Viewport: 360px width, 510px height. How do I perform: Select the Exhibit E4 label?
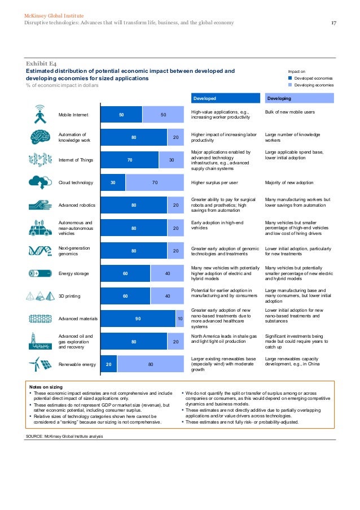pyautogui.click(x=40, y=64)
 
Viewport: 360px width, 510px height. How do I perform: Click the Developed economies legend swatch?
pyautogui.click(x=291, y=78)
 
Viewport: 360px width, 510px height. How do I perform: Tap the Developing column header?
pyautogui.click(x=279, y=98)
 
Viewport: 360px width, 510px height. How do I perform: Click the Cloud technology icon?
pyautogui.click(x=39, y=182)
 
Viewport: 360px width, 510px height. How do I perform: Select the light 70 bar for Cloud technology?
pyautogui.click(x=155, y=182)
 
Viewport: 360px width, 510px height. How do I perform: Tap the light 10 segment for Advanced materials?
pyautogui.click(x=180, y=319)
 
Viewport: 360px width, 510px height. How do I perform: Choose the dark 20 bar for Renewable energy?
pyautogui.click(x=108, y=364)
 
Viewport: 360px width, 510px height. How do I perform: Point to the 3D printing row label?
pyautogui.click(x=71, y=296)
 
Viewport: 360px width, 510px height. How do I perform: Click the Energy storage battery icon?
pyautogui.click(x=39, y=273)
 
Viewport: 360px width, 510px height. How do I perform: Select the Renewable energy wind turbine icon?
pyautogui.click(x=39, y=364)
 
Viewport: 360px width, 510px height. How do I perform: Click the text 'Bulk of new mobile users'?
pyautogui.click(x=289, y=112)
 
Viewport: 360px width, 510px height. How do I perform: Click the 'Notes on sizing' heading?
pyautogui.click(x=46, y=386)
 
